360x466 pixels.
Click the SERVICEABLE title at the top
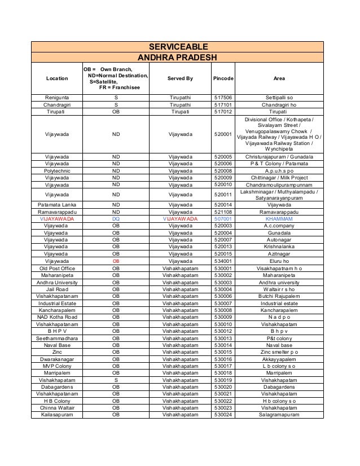[x=178, y=46]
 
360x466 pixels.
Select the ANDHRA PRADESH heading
[x=178, y=58]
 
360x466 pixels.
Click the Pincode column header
[x=223, y=78]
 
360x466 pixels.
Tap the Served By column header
[x=180, y=78]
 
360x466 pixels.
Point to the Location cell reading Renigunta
[x=57, y=98]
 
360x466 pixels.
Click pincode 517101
[x=223, y=105]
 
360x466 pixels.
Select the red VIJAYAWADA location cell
[x=57, y=218]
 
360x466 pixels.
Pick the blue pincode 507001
[x=223, y=218]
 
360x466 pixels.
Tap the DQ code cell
[x=116, y=218]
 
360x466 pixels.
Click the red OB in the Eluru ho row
[x=116, y=261]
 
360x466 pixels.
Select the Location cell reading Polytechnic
[x=57, y=170]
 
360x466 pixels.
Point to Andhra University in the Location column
[x=57, y=283]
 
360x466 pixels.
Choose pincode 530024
[x=223, y=415]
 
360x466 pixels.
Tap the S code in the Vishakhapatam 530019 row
[x=116, y=380]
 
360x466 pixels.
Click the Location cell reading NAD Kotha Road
[x=57, y=317]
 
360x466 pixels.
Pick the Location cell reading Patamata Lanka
[x=57, y=204]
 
